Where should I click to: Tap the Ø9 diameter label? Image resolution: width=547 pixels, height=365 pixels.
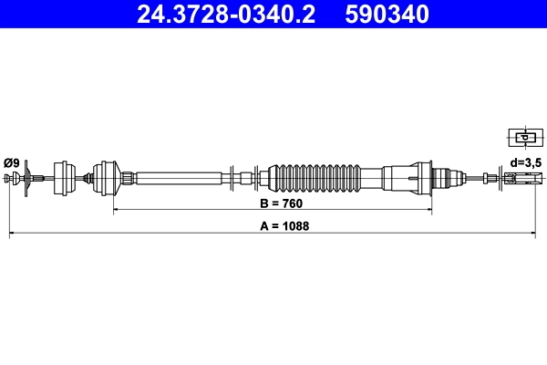(x=12, y=162)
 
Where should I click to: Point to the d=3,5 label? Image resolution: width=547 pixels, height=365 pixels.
(x=526, y=162)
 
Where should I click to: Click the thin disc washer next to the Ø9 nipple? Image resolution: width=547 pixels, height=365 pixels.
(x=28, y=176)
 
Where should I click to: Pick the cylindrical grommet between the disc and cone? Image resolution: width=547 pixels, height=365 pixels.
(x=65, y=176)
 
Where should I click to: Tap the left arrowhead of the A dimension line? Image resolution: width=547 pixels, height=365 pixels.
(x=12, y=235)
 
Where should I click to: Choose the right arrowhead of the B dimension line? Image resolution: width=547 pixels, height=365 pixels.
(x=429, y=211)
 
